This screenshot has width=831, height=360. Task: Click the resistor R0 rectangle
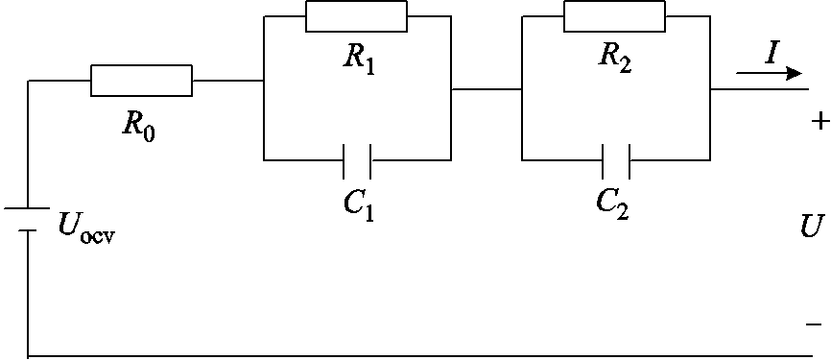tap(141, 82)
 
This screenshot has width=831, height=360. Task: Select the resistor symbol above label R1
tap(355, 17)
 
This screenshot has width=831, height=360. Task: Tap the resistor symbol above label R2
tap(614, 17)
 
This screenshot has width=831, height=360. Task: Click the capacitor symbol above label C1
tap(357, 158)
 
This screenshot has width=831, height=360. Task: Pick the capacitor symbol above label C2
tap(615, 158)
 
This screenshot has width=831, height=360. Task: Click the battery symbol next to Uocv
tap(29, 219)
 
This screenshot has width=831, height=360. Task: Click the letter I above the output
tap(771, 54)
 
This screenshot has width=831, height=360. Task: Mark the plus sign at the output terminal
tap(818, 122)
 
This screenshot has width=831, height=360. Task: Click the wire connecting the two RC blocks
tap(486, 88)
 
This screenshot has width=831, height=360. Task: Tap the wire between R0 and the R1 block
tap(227, 82)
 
